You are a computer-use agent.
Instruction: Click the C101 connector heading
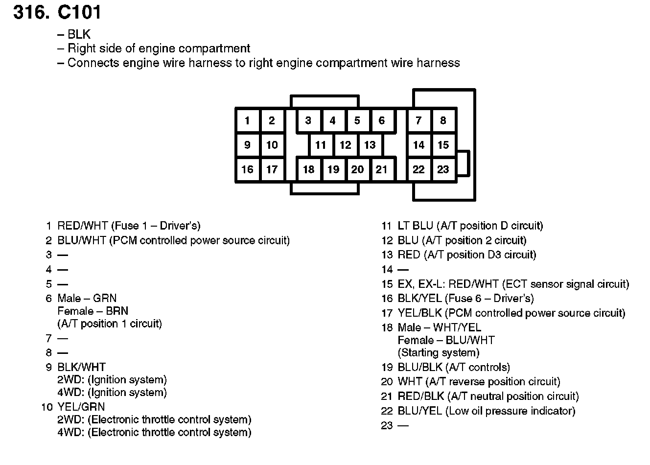57,12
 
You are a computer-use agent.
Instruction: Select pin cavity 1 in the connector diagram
247,120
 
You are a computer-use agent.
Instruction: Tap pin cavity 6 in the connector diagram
382,120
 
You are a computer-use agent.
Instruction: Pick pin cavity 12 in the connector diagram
346,145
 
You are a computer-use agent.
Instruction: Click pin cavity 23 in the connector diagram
443,169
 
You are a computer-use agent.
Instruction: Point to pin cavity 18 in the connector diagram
308,169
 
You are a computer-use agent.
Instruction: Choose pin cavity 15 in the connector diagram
443,145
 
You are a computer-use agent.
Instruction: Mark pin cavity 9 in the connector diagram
247,145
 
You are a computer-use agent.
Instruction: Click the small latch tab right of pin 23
463,163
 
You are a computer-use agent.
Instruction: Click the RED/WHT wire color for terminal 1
82,226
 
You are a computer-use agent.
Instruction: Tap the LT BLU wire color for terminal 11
416,226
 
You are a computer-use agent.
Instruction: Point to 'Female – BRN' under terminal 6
93,311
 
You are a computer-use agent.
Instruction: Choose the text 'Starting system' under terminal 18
439,353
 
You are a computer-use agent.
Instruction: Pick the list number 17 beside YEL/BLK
387,313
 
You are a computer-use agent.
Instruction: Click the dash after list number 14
403,270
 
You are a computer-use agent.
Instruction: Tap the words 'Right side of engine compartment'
159,48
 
